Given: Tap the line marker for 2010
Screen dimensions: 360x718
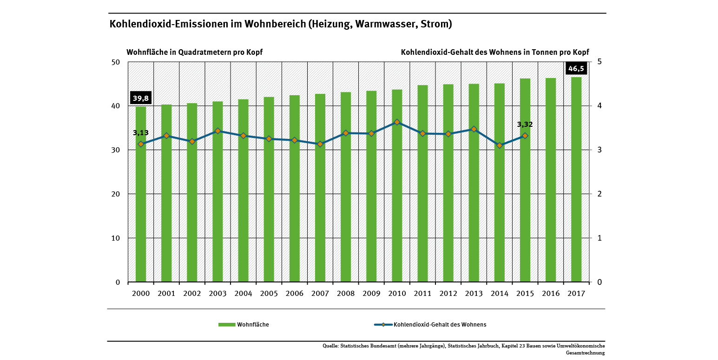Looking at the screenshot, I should [x=397, y=122].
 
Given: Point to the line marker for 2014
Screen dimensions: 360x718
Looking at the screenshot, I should [x=500, y=145].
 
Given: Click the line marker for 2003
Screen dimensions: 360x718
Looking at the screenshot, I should [x=217, y=131].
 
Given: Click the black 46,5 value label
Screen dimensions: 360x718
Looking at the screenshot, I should [x=576, y=69].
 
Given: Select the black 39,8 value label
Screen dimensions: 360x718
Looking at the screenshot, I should [x=141, y=98].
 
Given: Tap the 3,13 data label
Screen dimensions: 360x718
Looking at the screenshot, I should [x=141, y=133].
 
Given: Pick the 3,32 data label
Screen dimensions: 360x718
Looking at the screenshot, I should [x=525, y=124].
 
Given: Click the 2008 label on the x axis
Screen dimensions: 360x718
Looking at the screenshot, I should [x=345, y=294].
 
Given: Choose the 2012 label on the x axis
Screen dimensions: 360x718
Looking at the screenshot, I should [x=448, y=294].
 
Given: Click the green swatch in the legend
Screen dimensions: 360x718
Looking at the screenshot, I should [x=226, y=325].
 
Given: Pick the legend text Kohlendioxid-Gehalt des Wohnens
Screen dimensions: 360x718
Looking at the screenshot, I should [x=440, y=325].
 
